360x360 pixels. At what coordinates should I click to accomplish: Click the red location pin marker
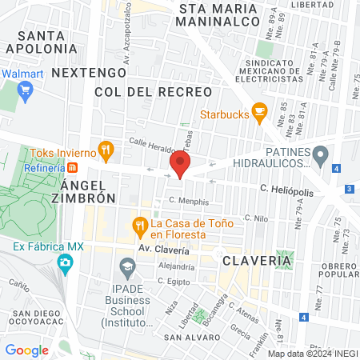click(180, 166)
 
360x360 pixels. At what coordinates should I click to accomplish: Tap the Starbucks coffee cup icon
click(258, 111)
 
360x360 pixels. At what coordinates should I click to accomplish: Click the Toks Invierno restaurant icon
click(105, 150)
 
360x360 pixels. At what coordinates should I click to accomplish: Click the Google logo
click(26, 350)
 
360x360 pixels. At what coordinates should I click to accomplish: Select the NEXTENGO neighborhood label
click(78, 72)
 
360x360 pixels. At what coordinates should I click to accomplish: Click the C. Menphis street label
click(189, 202)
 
